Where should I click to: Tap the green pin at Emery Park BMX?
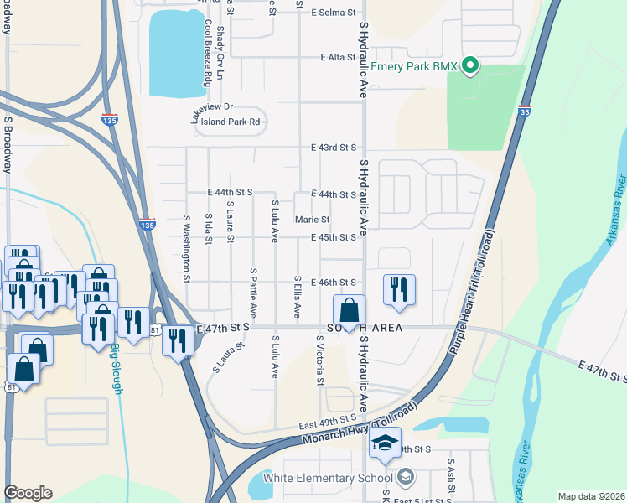pos(470,65)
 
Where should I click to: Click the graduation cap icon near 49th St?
pos(386,443)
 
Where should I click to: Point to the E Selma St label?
pos(334,13)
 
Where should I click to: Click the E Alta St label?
pos(339,57)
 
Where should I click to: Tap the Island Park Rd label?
pos(231,122)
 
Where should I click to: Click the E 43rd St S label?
pos(334,148)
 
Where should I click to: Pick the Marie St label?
pos(313,220)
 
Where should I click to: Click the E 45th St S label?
pos(334,238)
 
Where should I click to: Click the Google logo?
pos(28,493)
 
